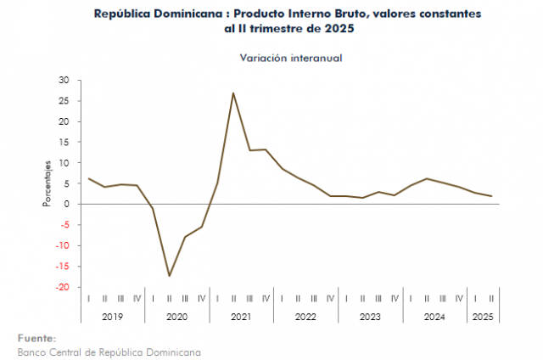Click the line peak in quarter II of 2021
pyautogui.click(x=233, y=93)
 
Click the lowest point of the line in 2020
pyautogui.click(x=169, y=275)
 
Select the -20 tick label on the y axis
pyautogui.click(x=62, y=287)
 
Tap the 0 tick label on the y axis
pyautogui.click(x=67, y=205)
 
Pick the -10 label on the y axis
pyautogui.click(x=62, y=246)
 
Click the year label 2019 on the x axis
pyautogui.click(x=112, y=317)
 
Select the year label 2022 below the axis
pyautogui.click(x=305, y=317)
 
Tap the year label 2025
pyautogui.click(x=483, y=317)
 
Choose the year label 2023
pyautogui.click(x=370, y=317)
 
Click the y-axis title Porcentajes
pyautogui.click(x=48, y=183)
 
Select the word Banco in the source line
pyautogui.click(x=32, y=351)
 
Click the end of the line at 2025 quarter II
pyautogui.click(x=491, y=196)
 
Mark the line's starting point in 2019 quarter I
pyautogui.click(x=88, y=178)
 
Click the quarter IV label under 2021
pyautogui.click(x=266, y=298)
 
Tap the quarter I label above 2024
pyautogui.click(x=411, y=298)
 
